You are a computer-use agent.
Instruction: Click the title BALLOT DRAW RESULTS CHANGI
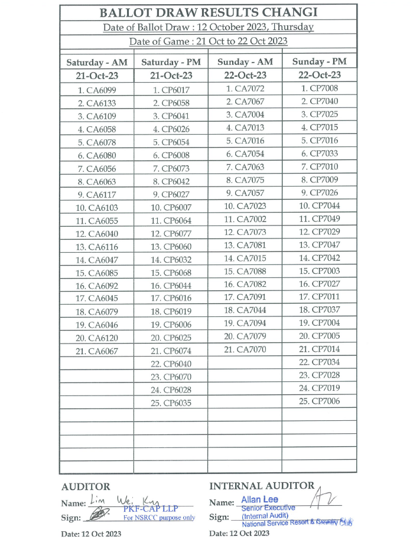(209, 12)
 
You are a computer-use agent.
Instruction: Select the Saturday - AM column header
(97, 62)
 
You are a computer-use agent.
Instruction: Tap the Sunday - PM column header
(319, 61)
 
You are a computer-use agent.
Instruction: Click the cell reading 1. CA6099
(97, 90)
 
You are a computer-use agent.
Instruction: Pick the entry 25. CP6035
(171, 403)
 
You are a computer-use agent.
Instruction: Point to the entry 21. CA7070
(245, 349)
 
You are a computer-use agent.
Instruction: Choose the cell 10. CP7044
(319, 206)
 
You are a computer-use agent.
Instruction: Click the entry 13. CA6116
(97, 247)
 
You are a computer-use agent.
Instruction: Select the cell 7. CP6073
(171, 168)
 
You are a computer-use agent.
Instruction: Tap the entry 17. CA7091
(245, 297)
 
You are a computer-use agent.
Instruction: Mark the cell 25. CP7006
(319, 401)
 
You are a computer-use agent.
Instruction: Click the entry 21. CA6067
(97, 351)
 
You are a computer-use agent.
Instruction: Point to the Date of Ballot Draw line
(209, 27)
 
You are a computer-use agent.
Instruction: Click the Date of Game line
(209, 41)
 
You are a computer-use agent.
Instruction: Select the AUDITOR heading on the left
(86, 487)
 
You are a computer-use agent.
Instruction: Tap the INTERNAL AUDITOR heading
(262, 486)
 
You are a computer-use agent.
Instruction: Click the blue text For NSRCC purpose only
(159, 518)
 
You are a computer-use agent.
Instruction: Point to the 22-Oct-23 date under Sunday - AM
(245, 75)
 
